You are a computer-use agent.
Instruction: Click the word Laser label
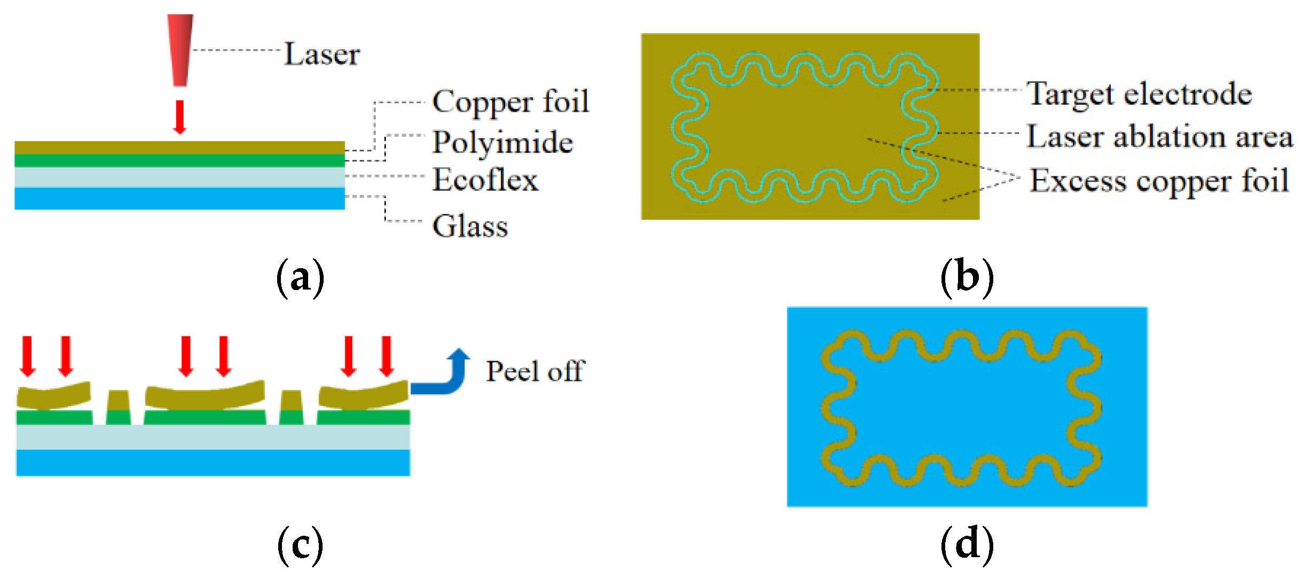point(322,54)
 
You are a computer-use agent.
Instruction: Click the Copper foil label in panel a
point(511,101)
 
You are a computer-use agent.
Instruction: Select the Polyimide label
point(503,142)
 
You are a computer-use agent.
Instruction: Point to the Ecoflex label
point(485,179)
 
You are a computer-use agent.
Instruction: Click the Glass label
point(470,226)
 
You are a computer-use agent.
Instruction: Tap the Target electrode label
point(1139,95)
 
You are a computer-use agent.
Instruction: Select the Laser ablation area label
point(1159,137)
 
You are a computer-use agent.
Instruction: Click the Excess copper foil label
point(1159,181)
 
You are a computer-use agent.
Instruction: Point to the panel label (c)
point(300,545)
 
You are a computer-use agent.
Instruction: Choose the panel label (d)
point(967,545)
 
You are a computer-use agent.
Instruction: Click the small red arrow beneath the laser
point(180,117)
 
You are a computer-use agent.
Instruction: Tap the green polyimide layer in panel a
point(179,161)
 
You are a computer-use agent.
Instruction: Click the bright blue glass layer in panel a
point(179,198)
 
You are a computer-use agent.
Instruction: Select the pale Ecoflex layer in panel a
point(179,177)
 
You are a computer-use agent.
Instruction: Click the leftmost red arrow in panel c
point(28,356)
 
